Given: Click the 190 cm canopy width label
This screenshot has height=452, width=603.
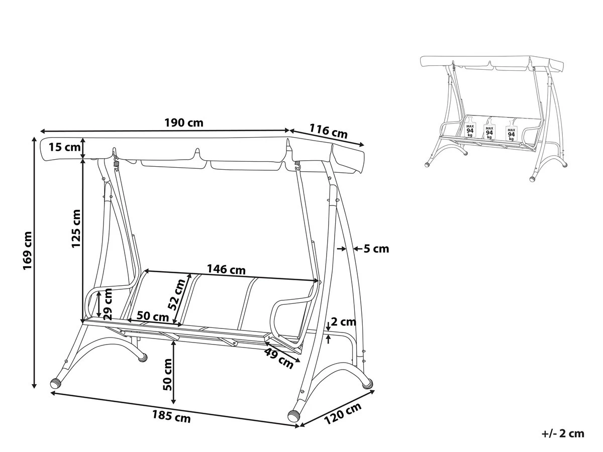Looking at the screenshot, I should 184,123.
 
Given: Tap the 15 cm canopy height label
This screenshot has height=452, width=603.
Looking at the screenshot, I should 64,147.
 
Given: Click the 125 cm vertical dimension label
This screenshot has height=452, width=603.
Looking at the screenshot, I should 76,229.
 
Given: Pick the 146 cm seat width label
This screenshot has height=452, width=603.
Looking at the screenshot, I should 227,270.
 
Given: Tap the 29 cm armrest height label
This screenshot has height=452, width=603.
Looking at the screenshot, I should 108,306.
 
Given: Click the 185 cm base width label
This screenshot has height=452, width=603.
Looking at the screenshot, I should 171,416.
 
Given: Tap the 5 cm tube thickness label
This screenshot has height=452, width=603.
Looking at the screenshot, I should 376,249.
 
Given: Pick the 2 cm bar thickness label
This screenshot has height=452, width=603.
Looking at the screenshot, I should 344,322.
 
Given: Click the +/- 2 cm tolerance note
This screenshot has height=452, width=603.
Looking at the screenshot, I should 563,433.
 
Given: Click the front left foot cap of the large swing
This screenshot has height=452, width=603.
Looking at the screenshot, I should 56,383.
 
